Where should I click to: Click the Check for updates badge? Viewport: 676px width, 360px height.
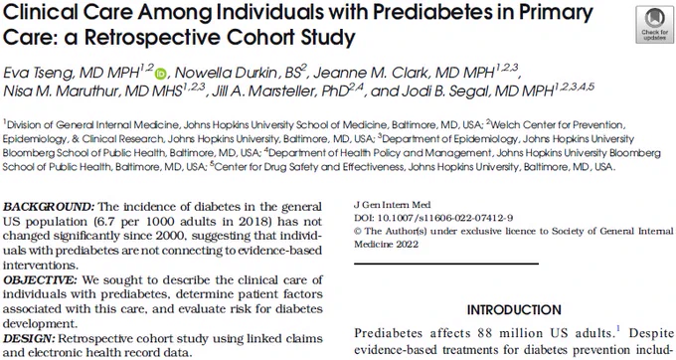654,26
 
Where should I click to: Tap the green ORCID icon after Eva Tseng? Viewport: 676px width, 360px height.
161,74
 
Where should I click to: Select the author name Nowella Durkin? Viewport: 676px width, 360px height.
226,73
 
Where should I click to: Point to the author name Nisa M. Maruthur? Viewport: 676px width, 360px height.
61,91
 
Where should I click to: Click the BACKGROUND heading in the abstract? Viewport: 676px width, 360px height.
49,207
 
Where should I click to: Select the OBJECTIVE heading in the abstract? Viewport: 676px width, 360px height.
40,279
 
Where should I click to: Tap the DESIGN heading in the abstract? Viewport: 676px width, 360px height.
29,338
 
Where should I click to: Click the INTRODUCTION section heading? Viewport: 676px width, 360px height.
514,310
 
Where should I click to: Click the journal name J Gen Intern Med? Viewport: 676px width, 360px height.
392,205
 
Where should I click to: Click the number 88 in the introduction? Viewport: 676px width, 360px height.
485,333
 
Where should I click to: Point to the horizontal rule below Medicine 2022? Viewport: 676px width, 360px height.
446,264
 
